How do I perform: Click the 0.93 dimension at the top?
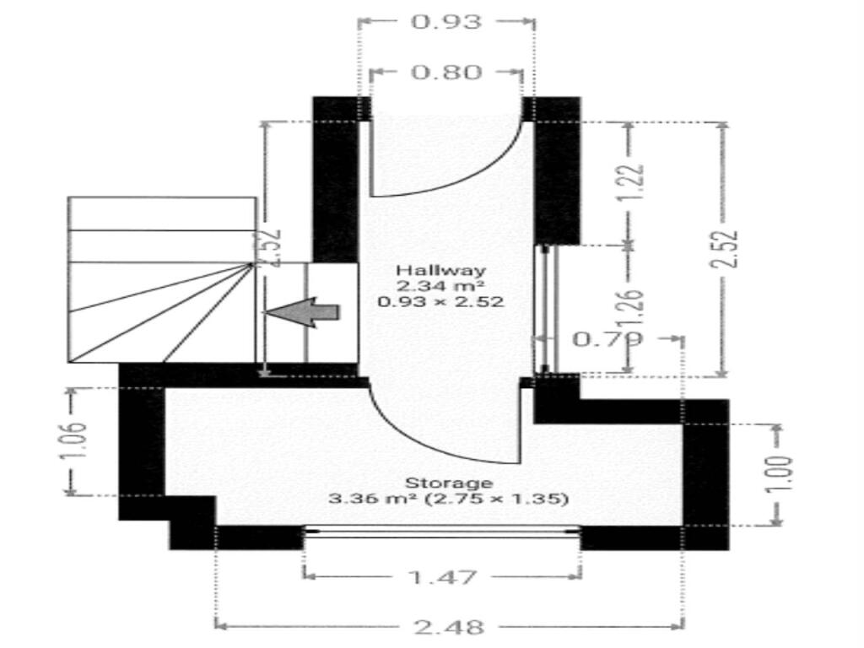click(445, 21)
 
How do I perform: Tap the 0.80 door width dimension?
click(446, 73)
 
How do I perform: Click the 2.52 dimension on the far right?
click(724, 250)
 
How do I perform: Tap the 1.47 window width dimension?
click(441, 577)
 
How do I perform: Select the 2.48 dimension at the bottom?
click(450, 626)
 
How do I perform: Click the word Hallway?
click(441, 271)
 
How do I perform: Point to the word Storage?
click(449, 483)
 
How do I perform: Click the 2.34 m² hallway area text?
click(441, 285)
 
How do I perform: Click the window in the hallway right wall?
click(545, 309)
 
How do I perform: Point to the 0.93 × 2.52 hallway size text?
click(441, 300)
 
